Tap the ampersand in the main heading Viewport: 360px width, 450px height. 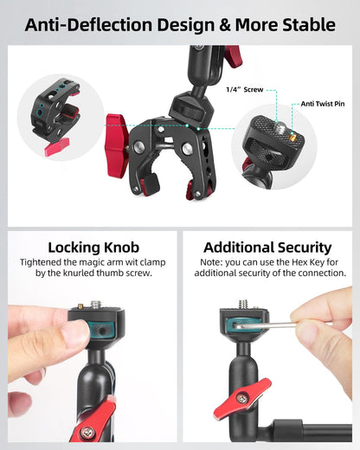pos(225,25)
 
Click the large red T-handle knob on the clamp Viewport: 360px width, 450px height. pos(117,145)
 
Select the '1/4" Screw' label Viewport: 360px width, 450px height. pos(245,90)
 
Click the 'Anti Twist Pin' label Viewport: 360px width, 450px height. pos(323,104)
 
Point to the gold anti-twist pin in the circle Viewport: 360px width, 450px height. pos(292,136)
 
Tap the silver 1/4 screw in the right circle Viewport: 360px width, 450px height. pos(279,126)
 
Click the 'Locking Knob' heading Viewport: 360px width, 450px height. pos(93,247)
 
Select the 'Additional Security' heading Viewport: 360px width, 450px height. pos(267,247)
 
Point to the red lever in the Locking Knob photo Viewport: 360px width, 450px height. pos(98,421)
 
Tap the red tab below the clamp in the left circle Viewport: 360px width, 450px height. pos(57,146)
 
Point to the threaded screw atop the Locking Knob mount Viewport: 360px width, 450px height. pos(95,305)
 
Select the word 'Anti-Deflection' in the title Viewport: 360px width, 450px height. pos(88,25)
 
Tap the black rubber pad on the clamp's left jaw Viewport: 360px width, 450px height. pos(151,184)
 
